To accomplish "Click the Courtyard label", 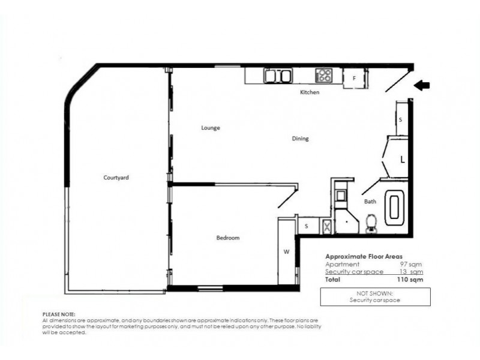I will coord(116,178).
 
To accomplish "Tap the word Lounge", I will coord(210,128).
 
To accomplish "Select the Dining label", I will coord(300,139).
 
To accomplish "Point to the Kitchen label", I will coord(310,93).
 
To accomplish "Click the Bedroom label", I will coord(227,238).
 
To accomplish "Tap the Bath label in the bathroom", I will coord(370,202).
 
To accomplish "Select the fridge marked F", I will coord(354,78).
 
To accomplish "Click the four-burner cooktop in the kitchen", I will coord(324,76).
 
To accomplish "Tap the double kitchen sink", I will coord(278,76).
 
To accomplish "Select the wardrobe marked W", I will coord(286,251).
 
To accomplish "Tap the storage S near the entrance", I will coord(400,119).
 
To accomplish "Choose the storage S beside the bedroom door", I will coord(306,226).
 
